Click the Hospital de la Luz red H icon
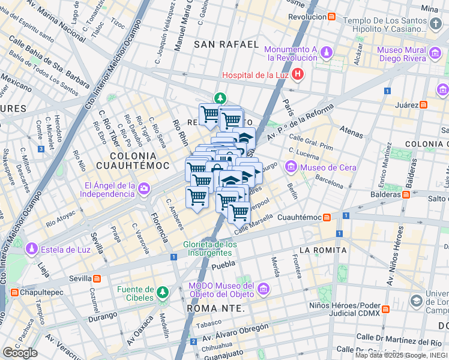coord(298,75)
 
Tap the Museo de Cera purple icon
coord(291,166)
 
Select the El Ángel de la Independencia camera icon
coord(144,189)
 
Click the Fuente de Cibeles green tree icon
coord(162,293)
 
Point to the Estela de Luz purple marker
coord(32,248)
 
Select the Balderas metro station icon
coord(406,194)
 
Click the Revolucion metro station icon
coord(331,17)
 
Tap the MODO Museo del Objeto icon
coord(263,290)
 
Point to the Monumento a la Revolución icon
coord(326,53)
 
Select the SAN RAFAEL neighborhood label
coord(227,44)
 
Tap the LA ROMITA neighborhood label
coord(322,250)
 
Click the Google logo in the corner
coord(20,352)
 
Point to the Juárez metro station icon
coord(424,104)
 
